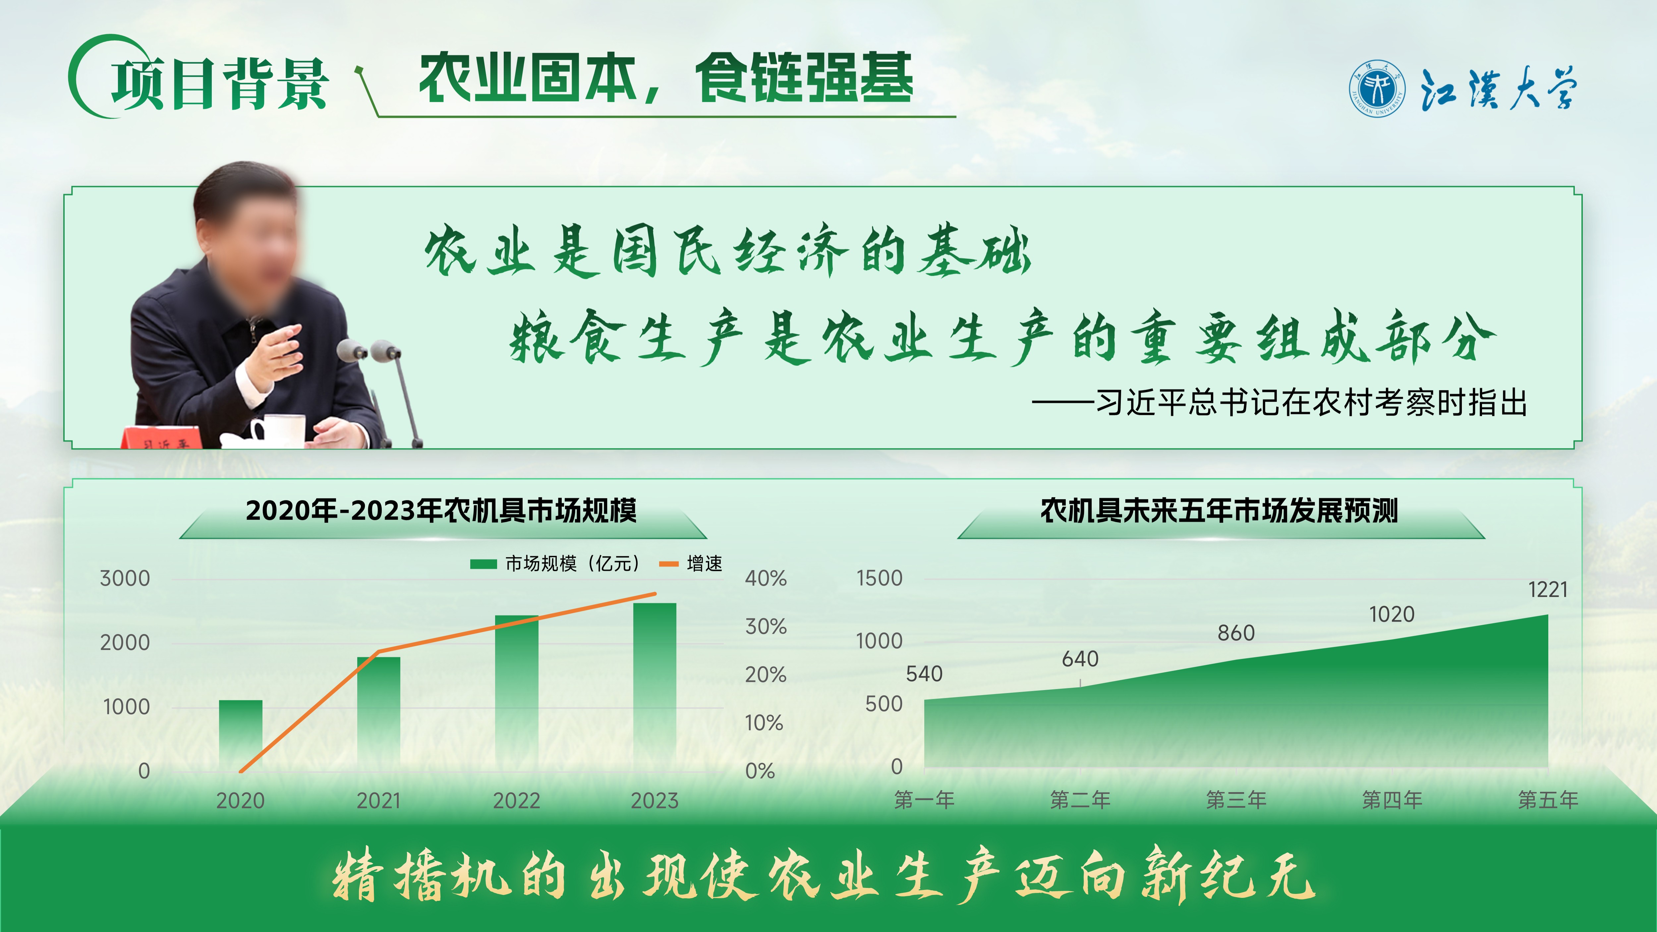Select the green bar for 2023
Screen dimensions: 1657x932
coord(655,687)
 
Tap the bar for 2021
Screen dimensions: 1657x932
coord(379,714)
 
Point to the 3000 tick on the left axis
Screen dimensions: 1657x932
coord(125,578)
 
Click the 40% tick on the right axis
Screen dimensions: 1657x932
coord(766,578)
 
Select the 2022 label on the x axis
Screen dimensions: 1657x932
coord(517,801)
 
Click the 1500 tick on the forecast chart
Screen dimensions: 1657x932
coord(879,578)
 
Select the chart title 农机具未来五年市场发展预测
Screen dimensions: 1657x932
coord(1220,511)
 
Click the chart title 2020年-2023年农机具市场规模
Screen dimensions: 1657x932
coord(441,511)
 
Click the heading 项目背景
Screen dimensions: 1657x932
coord(220,84)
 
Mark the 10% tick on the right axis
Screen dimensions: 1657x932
coord(764,723)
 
